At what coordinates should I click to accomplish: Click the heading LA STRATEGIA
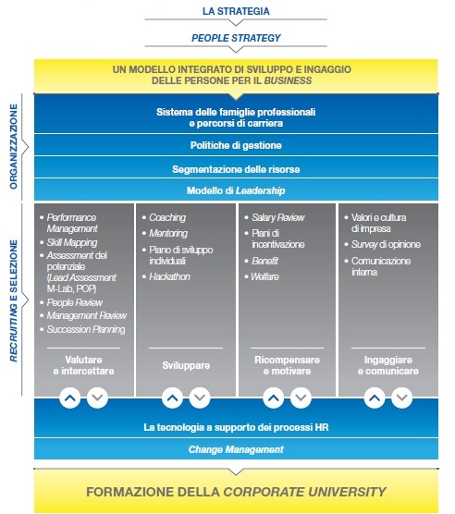(x=236, y=11)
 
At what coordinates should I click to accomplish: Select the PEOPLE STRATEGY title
(x=236, y=38)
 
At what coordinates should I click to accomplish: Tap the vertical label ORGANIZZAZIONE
(x=14, y=147)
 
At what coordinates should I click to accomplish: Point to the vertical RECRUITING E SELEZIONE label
(x=14, y=301)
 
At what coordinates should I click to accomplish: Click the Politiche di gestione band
(x=236, y=145)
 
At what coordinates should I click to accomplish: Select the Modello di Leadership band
(x=236, y=190)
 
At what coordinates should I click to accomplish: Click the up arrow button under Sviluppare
(x=172, y=398)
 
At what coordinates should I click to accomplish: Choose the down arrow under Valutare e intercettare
(x=97, y=398)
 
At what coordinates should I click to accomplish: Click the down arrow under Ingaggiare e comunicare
(x=402, y=398)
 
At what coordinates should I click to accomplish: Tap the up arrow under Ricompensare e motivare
(x=274, y=398)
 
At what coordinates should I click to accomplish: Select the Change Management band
(x=236, y=449)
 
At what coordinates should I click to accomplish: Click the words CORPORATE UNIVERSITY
(x=304, y=492)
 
